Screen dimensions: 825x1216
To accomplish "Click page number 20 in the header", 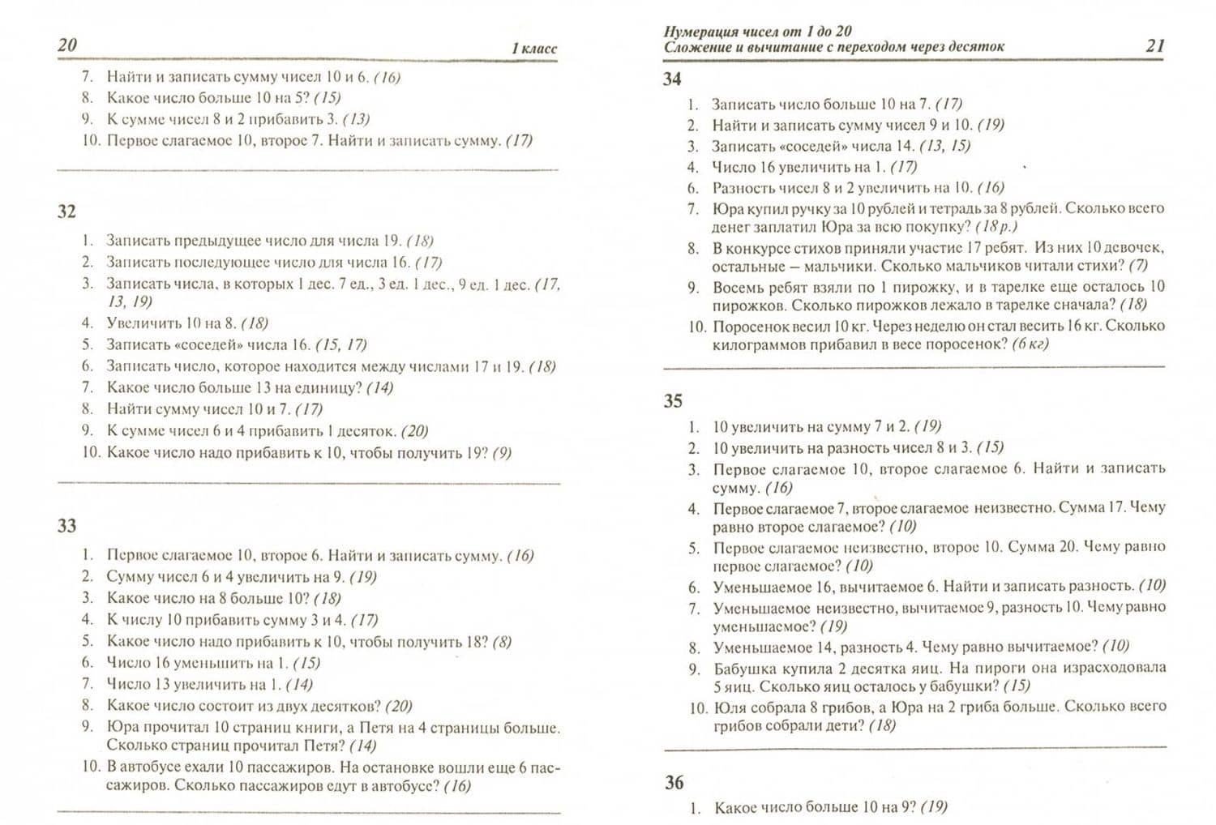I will click(x=67, y=45).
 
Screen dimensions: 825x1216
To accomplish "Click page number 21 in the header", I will click(x=1154, y=45).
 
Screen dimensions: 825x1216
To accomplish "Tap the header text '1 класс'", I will click(x=533, y=49).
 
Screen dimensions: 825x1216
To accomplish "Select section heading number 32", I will click(x=66, y=212).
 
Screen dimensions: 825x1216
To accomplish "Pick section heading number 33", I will click(x=66, y=526).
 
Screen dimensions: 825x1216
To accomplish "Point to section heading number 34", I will click(x=672, y=79).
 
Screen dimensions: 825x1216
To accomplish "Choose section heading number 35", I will click(x=673, y=401).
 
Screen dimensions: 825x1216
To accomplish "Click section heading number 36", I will click(x=674, y=783).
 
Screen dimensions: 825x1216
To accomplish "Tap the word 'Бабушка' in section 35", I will click(x=744, y=669).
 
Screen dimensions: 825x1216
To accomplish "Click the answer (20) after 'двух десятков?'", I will click(x=399, y=706).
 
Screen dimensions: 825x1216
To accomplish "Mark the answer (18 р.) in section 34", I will click(x=996, y=227).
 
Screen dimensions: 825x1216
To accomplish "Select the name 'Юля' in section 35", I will click(x=727, y=707).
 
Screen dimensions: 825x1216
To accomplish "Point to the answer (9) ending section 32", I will click(x=502, y=453).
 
